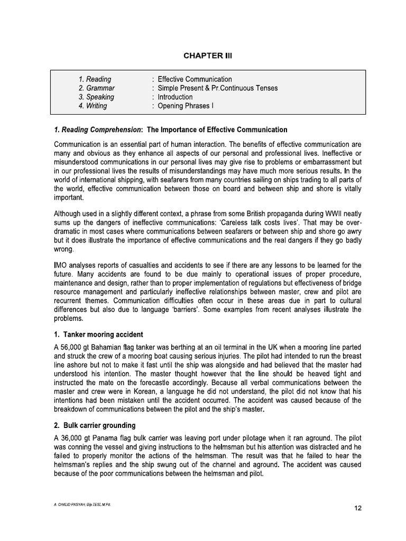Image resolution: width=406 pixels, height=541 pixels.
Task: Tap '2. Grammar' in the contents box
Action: [x=96, y=88]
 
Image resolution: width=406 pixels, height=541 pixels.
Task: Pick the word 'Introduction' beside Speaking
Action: [x=175, y=97]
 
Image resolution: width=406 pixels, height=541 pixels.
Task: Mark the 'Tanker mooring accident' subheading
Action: [x=103, y=334]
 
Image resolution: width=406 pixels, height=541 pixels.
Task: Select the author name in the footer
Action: [x=82, y=505]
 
